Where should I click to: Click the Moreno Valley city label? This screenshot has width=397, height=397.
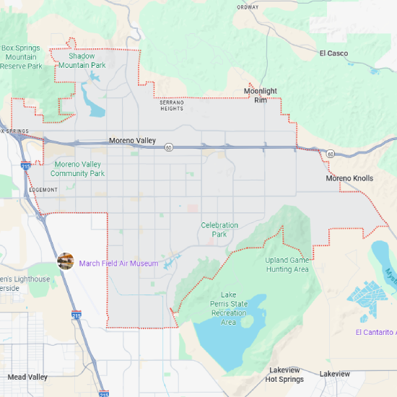(132, 140)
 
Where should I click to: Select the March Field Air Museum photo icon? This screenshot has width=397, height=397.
(66, 261)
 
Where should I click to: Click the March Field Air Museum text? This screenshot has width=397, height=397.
(118, 263)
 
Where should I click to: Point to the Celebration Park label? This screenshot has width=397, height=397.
(219, 230)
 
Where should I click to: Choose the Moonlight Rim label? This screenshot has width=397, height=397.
(260, 95)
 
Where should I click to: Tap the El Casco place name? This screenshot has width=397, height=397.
(333, 53)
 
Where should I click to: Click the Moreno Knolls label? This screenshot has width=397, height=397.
(349, 178)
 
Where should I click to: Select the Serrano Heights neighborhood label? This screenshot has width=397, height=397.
(172, 105)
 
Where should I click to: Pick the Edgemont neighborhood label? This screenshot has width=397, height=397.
(43, 190)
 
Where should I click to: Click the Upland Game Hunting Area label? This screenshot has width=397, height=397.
(287, 264)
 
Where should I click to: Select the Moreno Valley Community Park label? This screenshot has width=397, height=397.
(78, 169)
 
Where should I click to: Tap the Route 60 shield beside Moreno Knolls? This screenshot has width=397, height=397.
(330, 154)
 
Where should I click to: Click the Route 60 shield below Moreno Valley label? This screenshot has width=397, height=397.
(167, 147)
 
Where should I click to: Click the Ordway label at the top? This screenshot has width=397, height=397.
(247, 7)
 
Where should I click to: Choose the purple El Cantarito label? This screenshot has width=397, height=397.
(375, 332)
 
